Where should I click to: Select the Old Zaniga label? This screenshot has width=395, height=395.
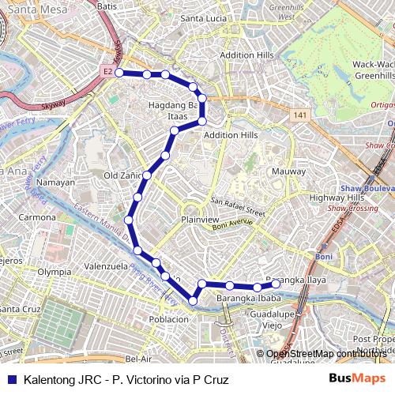pyautogui.click(x=122, y=175)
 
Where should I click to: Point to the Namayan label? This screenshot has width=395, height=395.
pyautogui.click(x=55, y=182)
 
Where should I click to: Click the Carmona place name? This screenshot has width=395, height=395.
pyautogui.click(x=38, y=216)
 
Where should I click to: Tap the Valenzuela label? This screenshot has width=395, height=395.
pyautogui.click(x=105, y=266)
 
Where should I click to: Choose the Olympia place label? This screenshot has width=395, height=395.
pyautogui.click(x=54, y=271)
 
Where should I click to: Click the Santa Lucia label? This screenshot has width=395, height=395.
pyautogui.click(x=204, y=17)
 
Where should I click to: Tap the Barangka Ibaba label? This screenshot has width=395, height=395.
pyautogui.click(x=249, y=299)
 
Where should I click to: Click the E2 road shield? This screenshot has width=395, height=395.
pyautogui.click(x=107, y=72)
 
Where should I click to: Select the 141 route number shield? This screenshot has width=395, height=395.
pyautogui.click(x=298, y=116)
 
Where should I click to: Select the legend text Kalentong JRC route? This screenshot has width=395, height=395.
pyautogui.click(x=126, y=378)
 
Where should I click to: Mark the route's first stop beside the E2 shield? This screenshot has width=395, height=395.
pyautogui.click(x=119, y=73)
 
